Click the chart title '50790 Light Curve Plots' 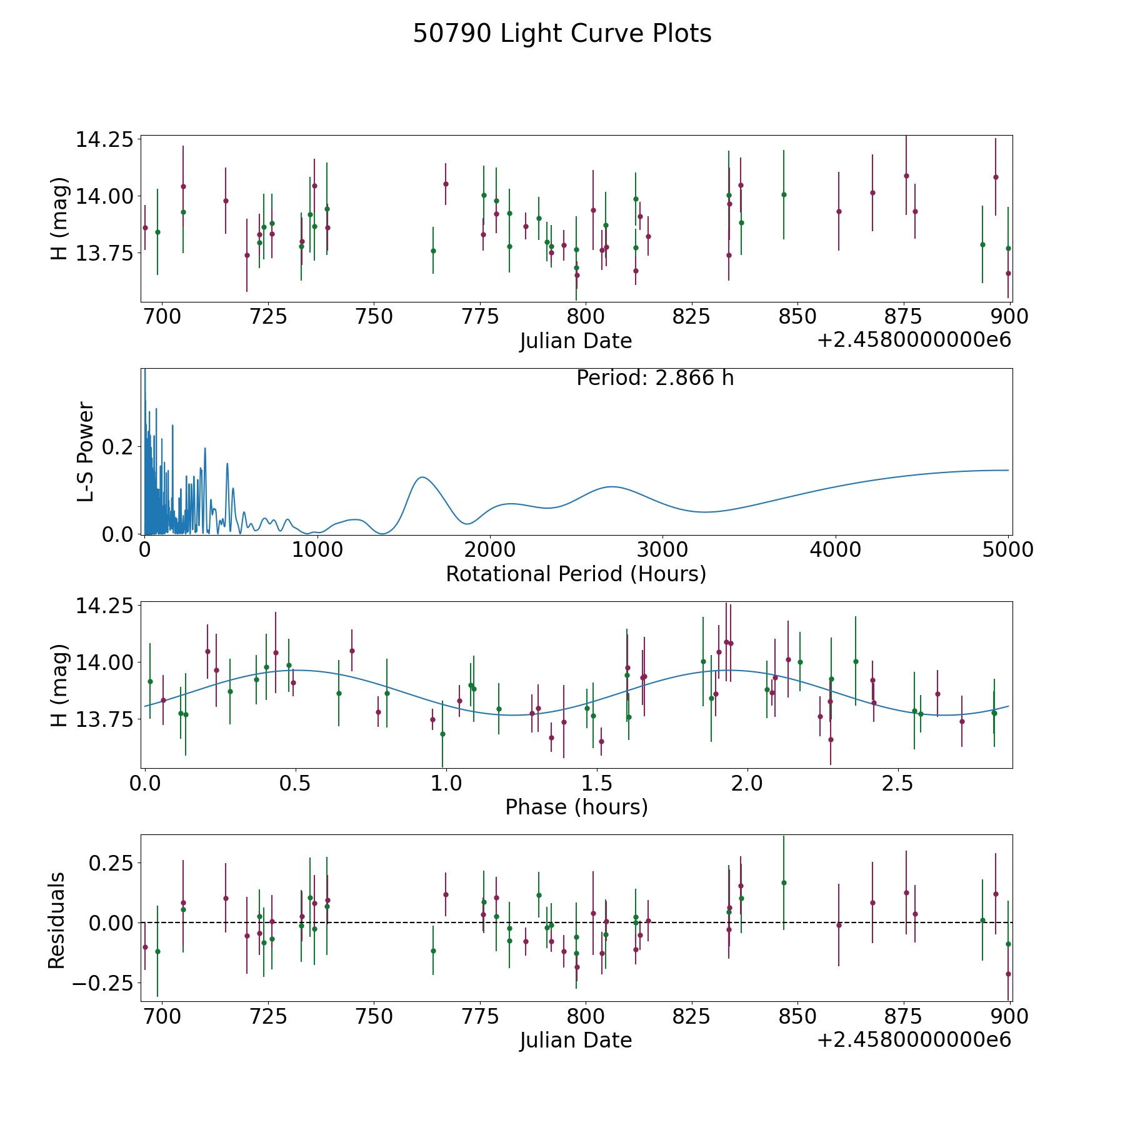tap(562, 34)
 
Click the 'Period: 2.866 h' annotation tap(654, 378)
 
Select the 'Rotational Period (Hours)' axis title tap(576, 574)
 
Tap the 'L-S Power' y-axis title tap(86, 452)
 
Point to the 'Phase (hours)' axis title tap(576, 807)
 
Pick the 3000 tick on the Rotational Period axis tap(662, 550)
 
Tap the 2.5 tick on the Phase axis tap(898, 783)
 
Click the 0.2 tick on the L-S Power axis tap(119, 447)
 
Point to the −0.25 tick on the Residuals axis tap(103, 983)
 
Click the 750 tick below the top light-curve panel tap(374, 317)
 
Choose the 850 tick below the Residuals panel tap(797, 1016)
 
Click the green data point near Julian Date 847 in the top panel tap(784, 194)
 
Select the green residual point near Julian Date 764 tap(433, 951)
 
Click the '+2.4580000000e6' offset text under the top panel tap(914, 341)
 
